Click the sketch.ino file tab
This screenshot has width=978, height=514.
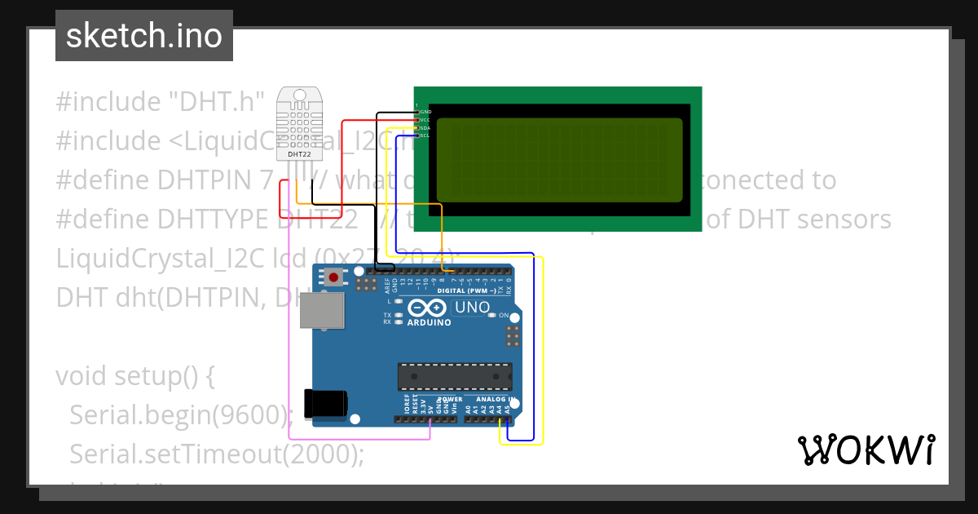click(x=144, y=36)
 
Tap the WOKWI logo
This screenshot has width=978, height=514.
click(x=866, y=450)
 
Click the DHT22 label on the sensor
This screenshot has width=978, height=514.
click(x=299, y=153)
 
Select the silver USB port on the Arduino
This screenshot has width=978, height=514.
click(x=322, y=310)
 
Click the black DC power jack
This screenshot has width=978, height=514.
click(x=326, y=404)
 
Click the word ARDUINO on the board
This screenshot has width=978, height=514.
click(x=429, y=322)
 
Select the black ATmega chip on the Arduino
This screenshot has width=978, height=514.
click(x=454, y=376)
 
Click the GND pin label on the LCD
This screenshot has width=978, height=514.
click(x=425, y=111)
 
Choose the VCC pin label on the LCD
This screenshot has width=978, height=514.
click(x=425, y=119)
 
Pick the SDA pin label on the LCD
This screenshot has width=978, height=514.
click(x=425, y=127)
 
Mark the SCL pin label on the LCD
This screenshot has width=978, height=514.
click(x=425, y=135)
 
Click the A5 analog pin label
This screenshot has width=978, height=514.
click(x=508, y=410)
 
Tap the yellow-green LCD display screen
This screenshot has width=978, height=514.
click(x=559, y=160)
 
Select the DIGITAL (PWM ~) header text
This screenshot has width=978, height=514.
click(x=467, y=290)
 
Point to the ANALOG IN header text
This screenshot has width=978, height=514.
click(x=491, y=400)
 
